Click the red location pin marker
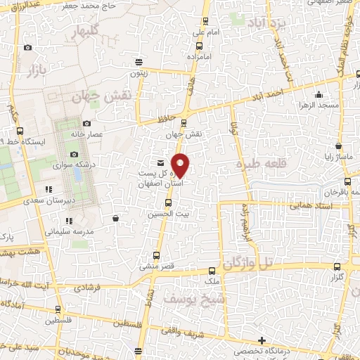(181, 165)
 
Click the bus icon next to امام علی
(205, 22)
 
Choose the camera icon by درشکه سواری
(74, 155)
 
